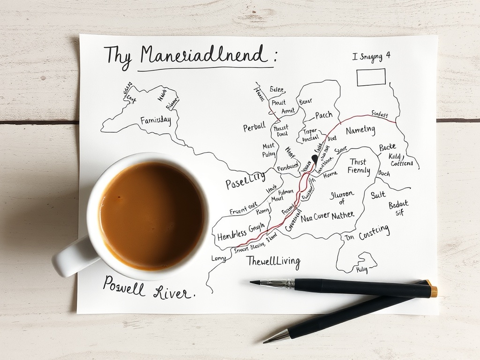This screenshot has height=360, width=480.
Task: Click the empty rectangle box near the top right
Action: [371, 77]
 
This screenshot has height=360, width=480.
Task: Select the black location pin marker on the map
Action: [315, 159]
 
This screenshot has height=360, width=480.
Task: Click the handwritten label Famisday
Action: [156, 121]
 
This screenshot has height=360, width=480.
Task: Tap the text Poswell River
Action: [147, 288]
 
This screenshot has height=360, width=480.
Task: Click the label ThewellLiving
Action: [273, 261]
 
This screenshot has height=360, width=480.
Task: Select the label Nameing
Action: [360, 130]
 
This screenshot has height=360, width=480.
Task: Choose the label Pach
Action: [323, 115]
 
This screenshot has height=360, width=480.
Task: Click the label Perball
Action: [254, 127]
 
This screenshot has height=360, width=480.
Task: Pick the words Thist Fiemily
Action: [359, 166]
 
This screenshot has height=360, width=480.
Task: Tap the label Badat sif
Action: [398, 208]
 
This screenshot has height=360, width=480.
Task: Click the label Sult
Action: [378, 195]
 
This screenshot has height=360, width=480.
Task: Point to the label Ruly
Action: [361, 270]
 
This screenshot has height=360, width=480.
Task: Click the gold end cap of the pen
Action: [434, 291]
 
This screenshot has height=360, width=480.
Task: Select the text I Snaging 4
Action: [371, 57]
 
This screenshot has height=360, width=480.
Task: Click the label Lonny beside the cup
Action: [218, 258]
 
